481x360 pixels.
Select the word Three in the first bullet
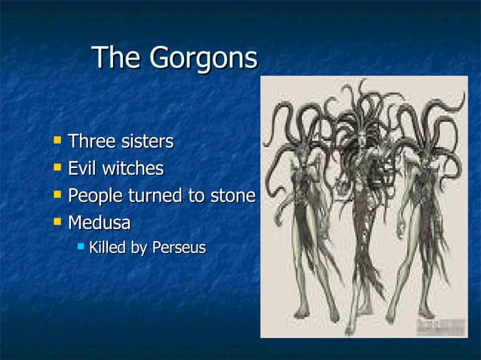(90, 142)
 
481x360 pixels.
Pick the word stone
(232, 196)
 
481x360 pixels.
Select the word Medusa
(99, 223)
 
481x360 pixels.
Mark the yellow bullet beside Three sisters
(58, 141)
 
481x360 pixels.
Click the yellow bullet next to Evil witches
(58, 168)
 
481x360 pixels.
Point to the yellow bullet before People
(58, 195)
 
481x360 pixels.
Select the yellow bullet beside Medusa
(58, 222)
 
